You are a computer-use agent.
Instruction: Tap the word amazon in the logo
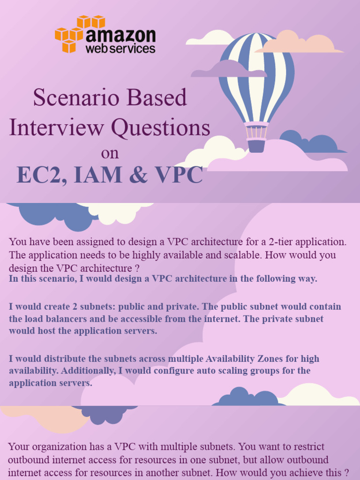coord(120,37)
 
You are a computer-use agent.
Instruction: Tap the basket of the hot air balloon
coord(256,145)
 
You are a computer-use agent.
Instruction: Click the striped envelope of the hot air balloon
coord(256,75)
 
